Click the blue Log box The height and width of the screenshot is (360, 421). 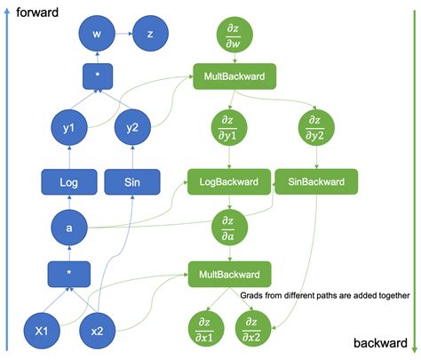click(x=69, y=183)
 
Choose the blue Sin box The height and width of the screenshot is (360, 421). click(x=131, y=183)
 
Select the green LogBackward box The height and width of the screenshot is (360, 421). click(x=228, y=183)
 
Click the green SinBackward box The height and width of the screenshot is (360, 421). click(x=316, y=183)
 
